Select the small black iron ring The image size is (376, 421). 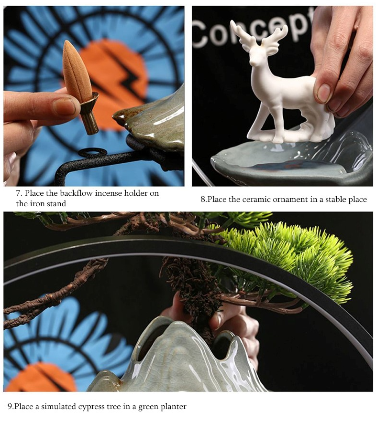pos(93,153)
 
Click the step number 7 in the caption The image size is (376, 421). pos(18,193)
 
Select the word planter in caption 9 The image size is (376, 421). pos(174,407)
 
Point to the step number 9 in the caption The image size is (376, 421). pos(10,407)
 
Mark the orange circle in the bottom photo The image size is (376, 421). pos(40,377)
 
